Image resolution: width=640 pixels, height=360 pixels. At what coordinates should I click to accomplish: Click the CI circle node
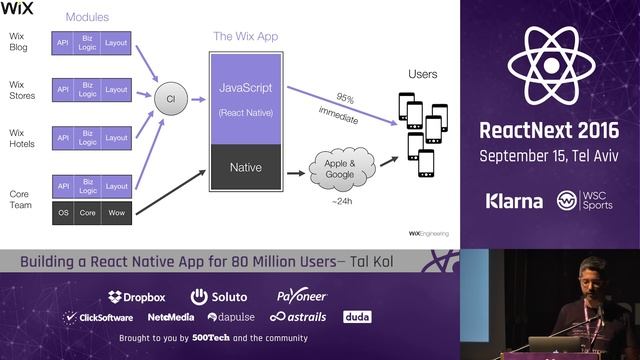[x=171, y=98]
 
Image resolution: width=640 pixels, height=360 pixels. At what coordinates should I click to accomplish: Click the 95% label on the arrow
[x=345, y=98]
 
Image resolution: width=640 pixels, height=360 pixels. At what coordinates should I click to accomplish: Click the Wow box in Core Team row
[x=116, y=212]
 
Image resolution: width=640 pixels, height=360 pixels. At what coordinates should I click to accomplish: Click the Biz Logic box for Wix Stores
[x=89, y=90]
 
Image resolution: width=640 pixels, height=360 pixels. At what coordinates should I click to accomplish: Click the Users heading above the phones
[x=423, y=75]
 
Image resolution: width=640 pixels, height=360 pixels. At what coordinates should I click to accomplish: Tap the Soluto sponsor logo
[x=218, y=296]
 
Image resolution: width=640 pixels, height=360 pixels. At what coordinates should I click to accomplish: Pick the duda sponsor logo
[x=357, y=317]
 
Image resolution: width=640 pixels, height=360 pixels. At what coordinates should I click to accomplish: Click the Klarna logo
[x=514, y=201]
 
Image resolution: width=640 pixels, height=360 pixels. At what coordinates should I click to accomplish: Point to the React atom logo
[x=551, y=64]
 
